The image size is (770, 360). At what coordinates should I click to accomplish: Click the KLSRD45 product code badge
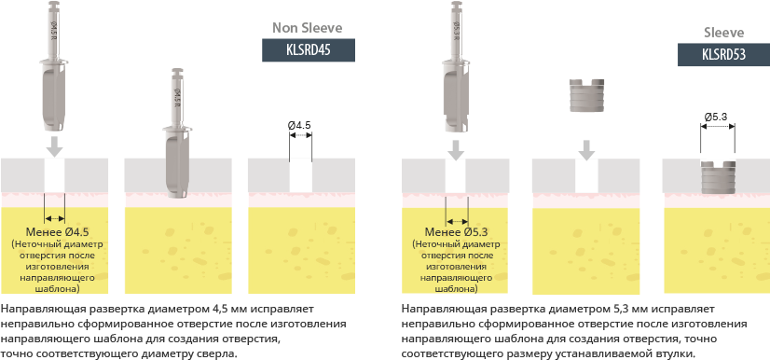[x=309, y=50]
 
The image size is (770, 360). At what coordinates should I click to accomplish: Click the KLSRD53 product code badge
[x=723, y=54]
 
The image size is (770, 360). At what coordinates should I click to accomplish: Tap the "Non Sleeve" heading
[x=308, y=28]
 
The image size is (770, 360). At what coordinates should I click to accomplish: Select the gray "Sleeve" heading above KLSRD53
[x=723, y=33]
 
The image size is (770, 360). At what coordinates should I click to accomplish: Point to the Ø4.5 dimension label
[x=299, y=125]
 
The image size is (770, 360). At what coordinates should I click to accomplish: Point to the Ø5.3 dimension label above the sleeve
[x=716, y=117]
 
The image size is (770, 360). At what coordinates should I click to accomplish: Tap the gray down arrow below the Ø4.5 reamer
[x=55, y=145]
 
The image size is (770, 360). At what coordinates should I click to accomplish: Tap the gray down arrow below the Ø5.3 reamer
[x=456, y=150]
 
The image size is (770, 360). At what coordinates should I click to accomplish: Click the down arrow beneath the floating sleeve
[x=585, y=150]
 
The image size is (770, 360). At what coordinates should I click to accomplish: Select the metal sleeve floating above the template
[x=585, y=95]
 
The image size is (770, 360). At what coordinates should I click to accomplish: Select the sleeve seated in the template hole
[x=718, y=177]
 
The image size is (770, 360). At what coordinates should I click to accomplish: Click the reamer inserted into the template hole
[x=177, y=133]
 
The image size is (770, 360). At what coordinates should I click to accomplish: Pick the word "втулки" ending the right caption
[x=677, y=353]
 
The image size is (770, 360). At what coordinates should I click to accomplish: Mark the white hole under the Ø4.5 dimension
[x=300, y=175]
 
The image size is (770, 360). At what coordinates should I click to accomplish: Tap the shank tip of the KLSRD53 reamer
[x=456, y=4]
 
